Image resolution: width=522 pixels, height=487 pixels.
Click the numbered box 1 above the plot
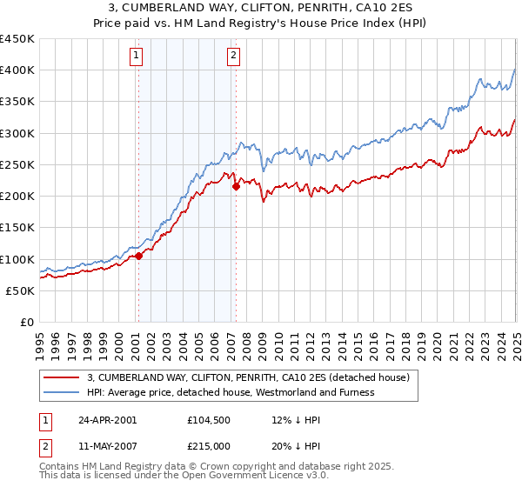click(x=137, y=57)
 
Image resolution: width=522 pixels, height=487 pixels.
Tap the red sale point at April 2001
click(x=138, y=256)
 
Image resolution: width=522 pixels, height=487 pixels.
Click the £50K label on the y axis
click(x=21, y=290)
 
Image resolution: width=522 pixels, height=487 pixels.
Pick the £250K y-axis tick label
click(x=17, y=164)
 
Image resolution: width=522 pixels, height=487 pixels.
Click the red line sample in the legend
click(x=62, y=377)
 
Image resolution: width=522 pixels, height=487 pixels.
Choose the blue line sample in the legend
click(x=62, y=392)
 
